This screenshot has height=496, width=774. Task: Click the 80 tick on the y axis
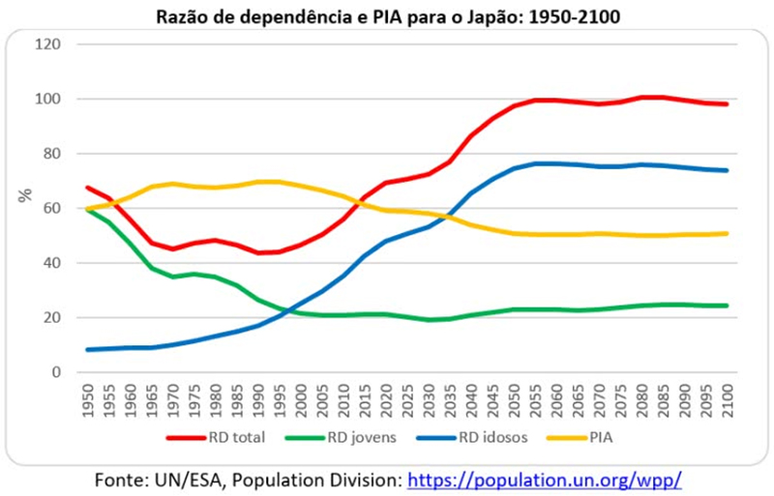tap(52, 154)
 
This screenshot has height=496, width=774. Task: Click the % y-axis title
tap(24, 195)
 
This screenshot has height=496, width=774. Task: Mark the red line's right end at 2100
tap(727, 103)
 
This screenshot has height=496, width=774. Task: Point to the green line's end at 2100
tap(727, 306)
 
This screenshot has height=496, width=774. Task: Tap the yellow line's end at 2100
tap(727, 233)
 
